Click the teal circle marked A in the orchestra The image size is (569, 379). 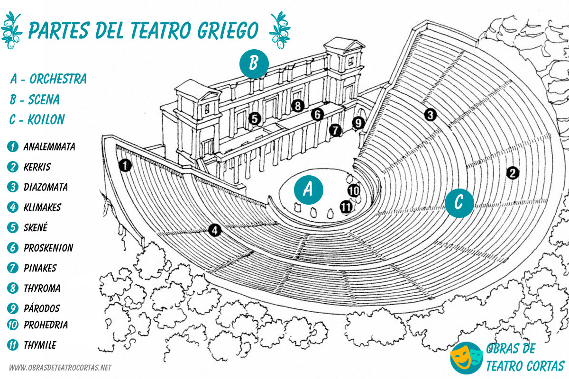click(308, 190)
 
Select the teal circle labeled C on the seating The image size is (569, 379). click(459, 202)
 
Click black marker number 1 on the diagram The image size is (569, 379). click(125, 165)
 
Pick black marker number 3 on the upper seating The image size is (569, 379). click(430, 114)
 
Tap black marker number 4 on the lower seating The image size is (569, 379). click(215, 231)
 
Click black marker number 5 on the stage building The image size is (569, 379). click(255, 118)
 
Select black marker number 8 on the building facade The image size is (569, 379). click(298, 106)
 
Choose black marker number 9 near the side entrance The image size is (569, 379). click(358, 123)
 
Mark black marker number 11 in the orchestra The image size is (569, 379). click(347, 207)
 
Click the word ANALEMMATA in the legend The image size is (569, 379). click(49, 146)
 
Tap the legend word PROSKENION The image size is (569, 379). click(48, 248)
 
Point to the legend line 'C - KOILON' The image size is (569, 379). click(37, 119)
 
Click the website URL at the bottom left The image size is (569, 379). click(60, 368)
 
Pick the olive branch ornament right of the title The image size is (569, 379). click(279, 29)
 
